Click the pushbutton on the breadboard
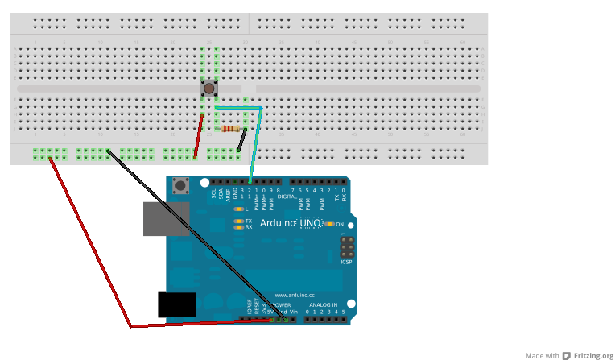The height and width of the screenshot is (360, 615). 209,88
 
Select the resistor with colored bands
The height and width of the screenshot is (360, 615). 232,128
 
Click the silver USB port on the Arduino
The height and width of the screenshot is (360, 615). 162,218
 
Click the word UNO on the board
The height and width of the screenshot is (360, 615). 311,223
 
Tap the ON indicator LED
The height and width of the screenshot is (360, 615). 329,223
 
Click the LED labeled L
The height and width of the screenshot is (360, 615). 238,209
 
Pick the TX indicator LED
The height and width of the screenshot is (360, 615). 238,221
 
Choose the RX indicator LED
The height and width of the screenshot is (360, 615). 238,227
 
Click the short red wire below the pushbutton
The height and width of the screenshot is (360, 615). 198,135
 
